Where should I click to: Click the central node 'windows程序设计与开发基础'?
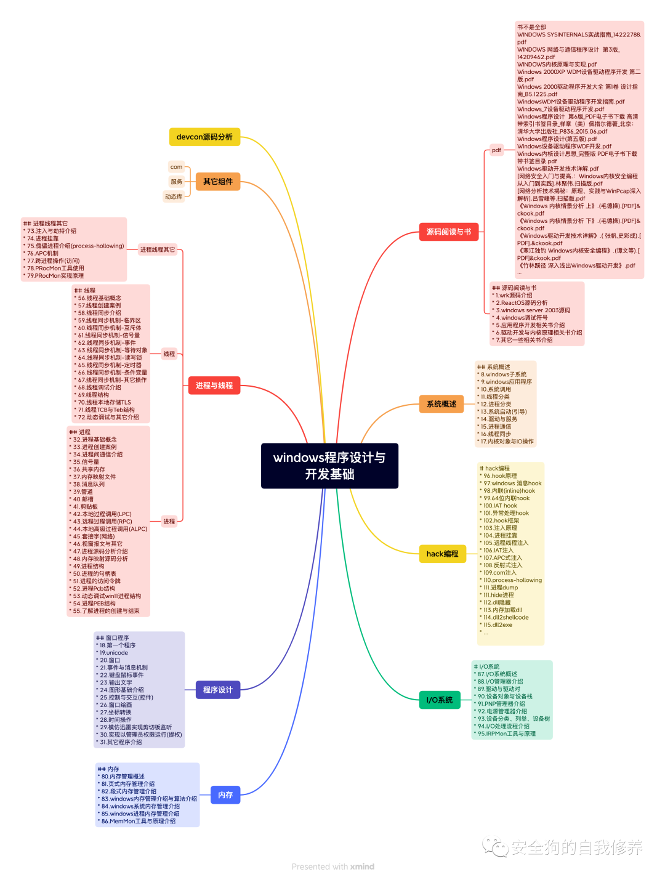[329, 466]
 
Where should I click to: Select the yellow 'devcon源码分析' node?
[204, 137]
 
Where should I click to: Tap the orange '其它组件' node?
[218, 182]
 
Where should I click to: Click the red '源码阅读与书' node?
[449, 232]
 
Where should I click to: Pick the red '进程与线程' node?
[214, 386]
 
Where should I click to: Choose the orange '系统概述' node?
[441, 404]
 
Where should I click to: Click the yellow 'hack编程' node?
[442, 554]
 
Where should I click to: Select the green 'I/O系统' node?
[440, 700]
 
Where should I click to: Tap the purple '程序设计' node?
[218, 690]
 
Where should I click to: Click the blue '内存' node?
[225, 795]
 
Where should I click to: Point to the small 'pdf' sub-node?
[496, 150]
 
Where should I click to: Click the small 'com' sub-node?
[176, 167]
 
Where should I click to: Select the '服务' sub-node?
[177, 182]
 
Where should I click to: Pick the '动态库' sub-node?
[174, 196]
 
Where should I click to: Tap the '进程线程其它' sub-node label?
[158, 249]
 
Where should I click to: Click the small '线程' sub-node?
[169, 354]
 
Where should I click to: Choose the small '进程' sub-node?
[169, 522]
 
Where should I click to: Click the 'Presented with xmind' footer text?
[332, 867]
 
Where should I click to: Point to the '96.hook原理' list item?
[500, 476]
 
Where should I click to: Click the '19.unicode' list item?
[114, 653]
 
